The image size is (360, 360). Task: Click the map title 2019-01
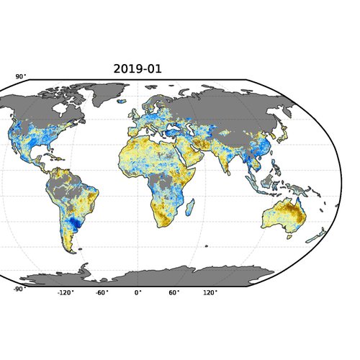pyautogui.click(x=138, y=69)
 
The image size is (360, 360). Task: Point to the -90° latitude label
pyautogui.click(x=19, y=289)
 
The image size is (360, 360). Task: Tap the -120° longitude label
pyautogui.click(x=66, y=294)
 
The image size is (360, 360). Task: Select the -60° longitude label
pyautogui.click(x=102, y=294)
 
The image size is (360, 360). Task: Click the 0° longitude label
pyautogui.click(x=138, y=294)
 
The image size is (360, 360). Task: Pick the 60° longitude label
pyautogui.click(x=174, y=294)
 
